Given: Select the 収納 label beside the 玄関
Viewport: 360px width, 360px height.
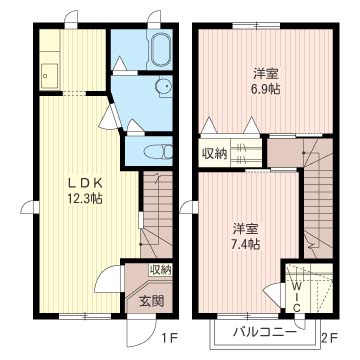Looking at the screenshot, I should pos(160,269).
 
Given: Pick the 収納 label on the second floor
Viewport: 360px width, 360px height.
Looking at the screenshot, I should pos(215,153).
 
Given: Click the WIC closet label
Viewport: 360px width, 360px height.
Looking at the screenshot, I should pos(297,292).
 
